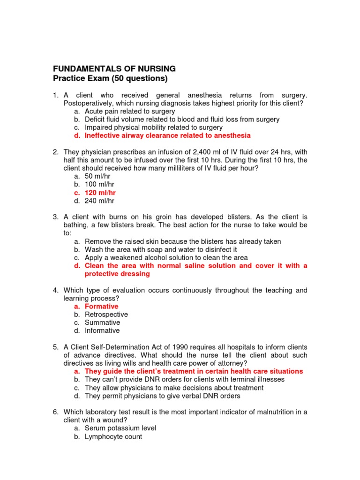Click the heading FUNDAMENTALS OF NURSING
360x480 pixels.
(114, 69)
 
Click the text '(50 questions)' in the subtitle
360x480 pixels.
(140, 78)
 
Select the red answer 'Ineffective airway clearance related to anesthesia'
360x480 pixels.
(167, 135)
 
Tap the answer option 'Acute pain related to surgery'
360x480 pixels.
(129, 112)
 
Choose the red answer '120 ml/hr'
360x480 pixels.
(100, 193)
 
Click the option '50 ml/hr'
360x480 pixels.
(97, 176)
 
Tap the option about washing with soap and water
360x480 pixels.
(161, 249)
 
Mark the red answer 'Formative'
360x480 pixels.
(101, 307)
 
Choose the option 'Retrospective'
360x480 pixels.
(106, 315)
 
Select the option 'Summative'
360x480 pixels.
(102, 322)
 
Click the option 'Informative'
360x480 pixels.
(102, 330)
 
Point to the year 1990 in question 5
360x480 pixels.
(180, 347)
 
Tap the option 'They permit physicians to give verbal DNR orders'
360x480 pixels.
(162, 396)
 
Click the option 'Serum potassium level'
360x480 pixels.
(120, 428)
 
